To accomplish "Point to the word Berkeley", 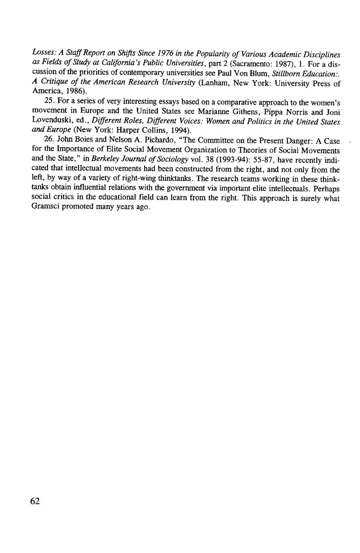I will (x=106, y=160).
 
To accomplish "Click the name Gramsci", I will (x=46, y=208).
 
